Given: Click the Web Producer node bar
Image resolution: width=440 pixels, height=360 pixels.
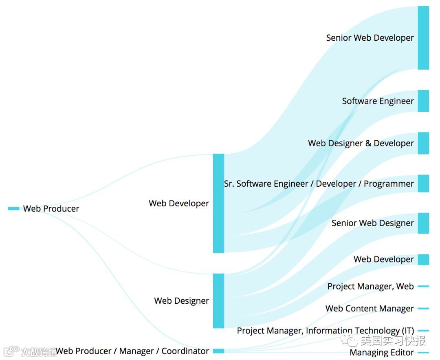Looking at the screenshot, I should point(13,208).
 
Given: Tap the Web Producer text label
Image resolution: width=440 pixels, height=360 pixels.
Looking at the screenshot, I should point(51,209).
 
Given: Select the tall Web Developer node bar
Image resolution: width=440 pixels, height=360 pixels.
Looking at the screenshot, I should point(218,203).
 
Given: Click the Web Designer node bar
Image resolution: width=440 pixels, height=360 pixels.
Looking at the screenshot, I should point(218,300).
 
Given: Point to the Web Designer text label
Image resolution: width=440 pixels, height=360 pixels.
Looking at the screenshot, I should point(181,301).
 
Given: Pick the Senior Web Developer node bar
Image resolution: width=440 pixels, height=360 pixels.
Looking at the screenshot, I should point(423,38).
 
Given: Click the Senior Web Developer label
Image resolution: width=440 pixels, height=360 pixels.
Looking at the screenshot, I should point(370,38).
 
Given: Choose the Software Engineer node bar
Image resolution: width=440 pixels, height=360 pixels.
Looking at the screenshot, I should point(423,101).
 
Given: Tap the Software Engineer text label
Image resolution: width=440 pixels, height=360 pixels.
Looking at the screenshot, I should point(378,101).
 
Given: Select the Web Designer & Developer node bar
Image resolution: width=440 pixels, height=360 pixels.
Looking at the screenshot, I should point(423,143).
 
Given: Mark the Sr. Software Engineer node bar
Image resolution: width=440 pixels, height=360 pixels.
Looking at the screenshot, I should point(423,183).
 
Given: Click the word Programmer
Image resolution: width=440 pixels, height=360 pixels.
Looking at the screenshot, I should point(389,184).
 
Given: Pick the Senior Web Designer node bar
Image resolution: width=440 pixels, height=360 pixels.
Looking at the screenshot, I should point(423,223).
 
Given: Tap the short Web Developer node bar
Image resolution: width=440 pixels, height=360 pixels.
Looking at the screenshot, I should point(423,260).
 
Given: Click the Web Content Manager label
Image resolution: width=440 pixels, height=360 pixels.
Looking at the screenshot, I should point(370,309).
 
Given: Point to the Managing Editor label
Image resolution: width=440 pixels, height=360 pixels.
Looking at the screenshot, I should point(382,353).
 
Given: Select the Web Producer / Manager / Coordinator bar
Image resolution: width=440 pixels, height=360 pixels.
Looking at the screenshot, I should point(218,351).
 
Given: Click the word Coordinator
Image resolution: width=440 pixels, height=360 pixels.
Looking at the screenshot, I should point(185,351).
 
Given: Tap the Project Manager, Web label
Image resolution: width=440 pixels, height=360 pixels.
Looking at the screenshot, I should point(370,287).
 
